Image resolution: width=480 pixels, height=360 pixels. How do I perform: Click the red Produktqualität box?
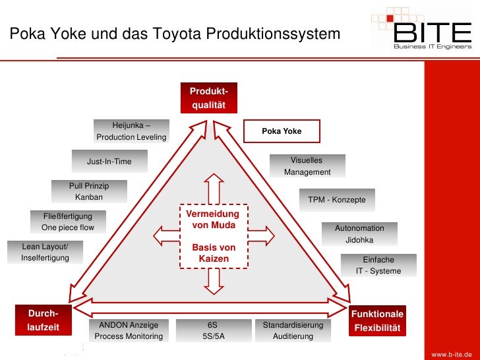[x=209, y=98]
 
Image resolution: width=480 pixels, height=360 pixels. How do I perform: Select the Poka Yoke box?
[x=282, y=131]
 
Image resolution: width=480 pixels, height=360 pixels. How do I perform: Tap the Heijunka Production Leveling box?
[x=131, y=131]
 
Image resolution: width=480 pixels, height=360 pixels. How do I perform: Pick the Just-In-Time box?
[x=109, y=162]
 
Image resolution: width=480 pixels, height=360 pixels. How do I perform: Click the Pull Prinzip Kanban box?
[x=89, y=192]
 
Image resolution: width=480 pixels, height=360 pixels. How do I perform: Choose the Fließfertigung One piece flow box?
[x=68, y=222]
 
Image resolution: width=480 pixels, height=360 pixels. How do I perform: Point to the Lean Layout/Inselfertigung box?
[x=45, y=252]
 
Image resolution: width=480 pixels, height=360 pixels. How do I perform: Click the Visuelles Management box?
[x=307, y=166]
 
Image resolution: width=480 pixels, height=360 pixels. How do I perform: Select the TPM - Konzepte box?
[x=336, y=200]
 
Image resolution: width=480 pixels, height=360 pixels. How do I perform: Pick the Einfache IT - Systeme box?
[x=378, y=265]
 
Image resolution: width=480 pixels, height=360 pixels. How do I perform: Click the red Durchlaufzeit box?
[x=43, y=320]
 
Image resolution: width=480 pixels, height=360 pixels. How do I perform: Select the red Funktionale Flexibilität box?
[x=378, y=321]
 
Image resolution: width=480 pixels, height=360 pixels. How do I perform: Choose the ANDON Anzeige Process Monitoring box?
[x=129, y=330]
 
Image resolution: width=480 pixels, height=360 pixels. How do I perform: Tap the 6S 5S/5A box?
[x=212, y=330]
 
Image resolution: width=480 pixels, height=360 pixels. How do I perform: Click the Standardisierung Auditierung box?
[x=293, y=330]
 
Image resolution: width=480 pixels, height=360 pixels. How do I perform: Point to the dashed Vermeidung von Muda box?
[x=214, y=236]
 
